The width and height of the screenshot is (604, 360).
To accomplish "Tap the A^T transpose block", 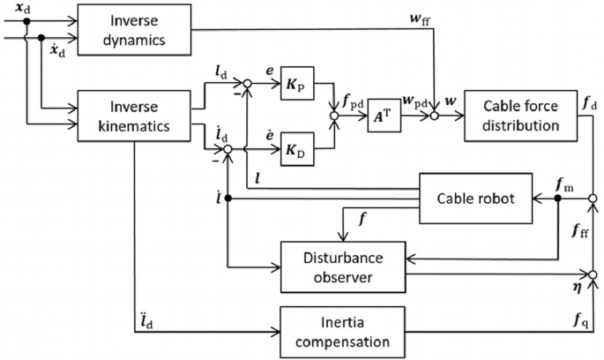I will coord(385,115).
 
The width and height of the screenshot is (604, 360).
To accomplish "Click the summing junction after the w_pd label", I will coord(436,114).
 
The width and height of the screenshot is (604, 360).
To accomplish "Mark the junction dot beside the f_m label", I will coord(556,199).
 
